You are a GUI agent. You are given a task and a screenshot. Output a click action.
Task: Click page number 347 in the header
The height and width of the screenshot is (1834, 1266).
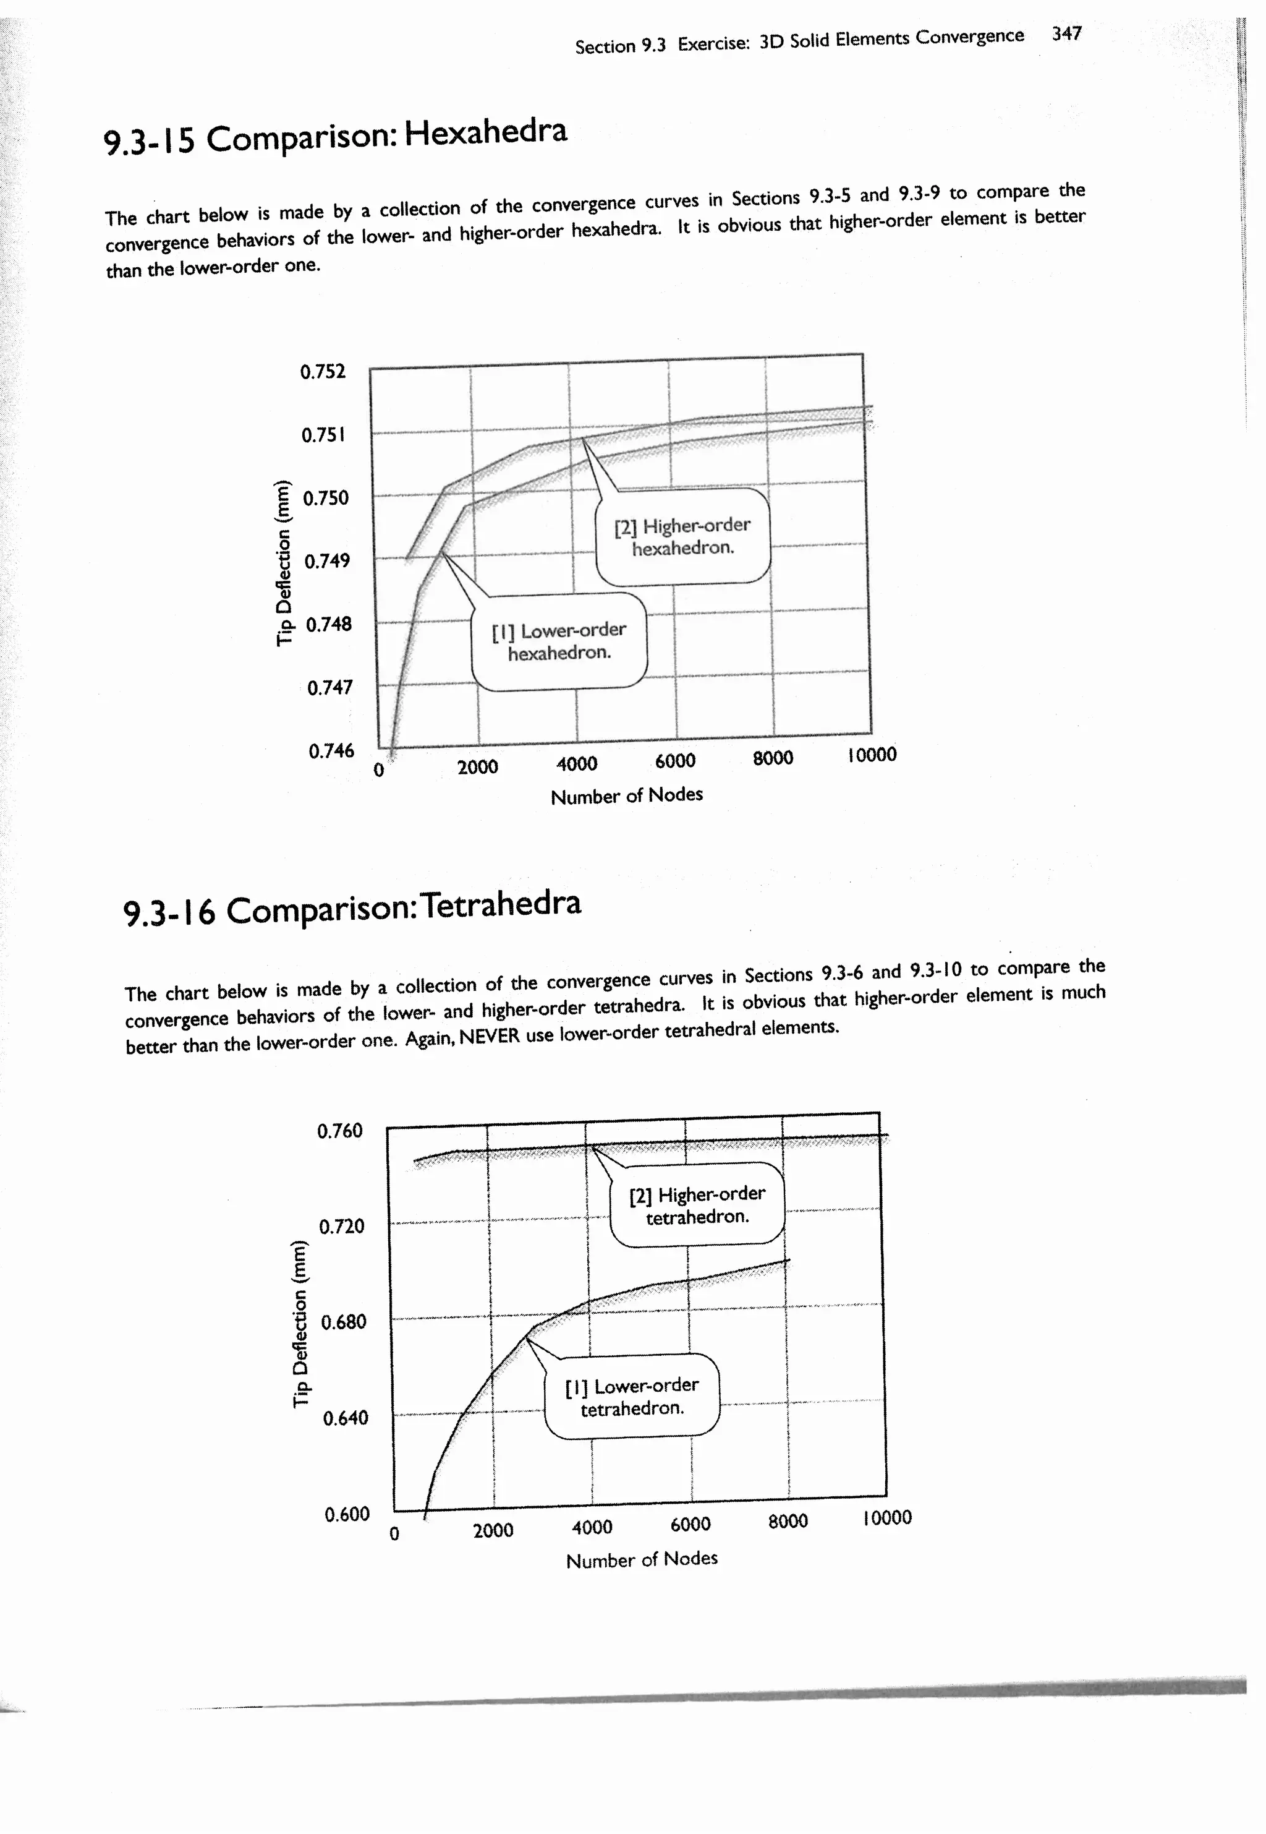[1066, 34]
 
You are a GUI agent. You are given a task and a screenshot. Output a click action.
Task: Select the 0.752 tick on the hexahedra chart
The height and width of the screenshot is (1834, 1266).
[323, 371]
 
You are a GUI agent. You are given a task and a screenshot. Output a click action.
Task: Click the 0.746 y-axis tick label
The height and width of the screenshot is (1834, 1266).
[331, 750]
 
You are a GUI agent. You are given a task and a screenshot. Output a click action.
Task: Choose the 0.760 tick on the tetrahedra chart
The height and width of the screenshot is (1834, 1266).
[339, 1130]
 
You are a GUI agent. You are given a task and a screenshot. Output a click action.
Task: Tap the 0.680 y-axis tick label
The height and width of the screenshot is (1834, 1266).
[344, 1322]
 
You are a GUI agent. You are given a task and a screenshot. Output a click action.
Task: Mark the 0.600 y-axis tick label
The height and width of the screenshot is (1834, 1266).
[347, 1514]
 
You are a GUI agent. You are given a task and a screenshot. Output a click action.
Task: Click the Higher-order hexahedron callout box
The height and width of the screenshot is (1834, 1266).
[682, 536]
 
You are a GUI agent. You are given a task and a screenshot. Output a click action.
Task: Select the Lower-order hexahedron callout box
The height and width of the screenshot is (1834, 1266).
[559, 641]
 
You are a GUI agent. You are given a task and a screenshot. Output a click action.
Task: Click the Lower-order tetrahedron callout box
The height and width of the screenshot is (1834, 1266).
[632, 1397]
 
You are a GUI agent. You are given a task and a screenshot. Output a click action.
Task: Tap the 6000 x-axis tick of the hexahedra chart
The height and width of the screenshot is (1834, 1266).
[675, 761]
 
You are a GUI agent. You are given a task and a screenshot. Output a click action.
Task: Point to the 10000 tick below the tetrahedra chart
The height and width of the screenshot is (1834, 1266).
[887, 1518]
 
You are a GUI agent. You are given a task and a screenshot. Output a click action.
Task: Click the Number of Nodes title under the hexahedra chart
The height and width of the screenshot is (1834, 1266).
[627, 795]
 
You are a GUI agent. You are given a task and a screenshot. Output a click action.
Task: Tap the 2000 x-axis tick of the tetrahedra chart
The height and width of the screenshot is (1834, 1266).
[493, 1530]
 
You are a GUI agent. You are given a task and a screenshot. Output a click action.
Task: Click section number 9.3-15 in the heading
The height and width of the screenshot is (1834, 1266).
[149, 141]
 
